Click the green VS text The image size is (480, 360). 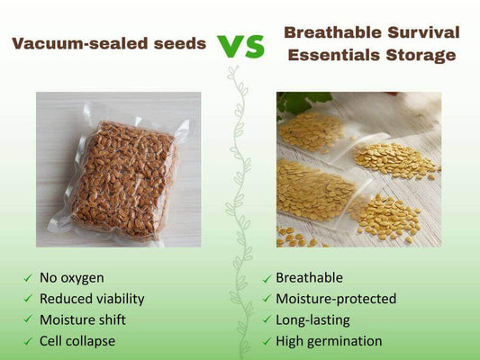point(240,45)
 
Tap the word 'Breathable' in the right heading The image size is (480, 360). point(326,32)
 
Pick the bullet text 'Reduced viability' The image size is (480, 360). point(91,298)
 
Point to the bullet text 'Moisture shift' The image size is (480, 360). point(83,319)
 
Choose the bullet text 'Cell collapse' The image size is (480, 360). point(77,341)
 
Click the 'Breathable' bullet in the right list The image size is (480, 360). point(309,277)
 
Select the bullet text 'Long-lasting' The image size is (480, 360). point(312,319)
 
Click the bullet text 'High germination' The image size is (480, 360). point(329,341)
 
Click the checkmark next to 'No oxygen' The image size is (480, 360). point(28,278)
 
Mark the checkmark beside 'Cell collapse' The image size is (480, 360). point(28,342)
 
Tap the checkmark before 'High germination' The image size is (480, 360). point(266,342)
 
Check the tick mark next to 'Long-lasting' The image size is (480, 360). point(266,320)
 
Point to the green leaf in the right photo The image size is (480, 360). point(294,103)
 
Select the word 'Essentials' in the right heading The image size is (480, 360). point(332,56)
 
